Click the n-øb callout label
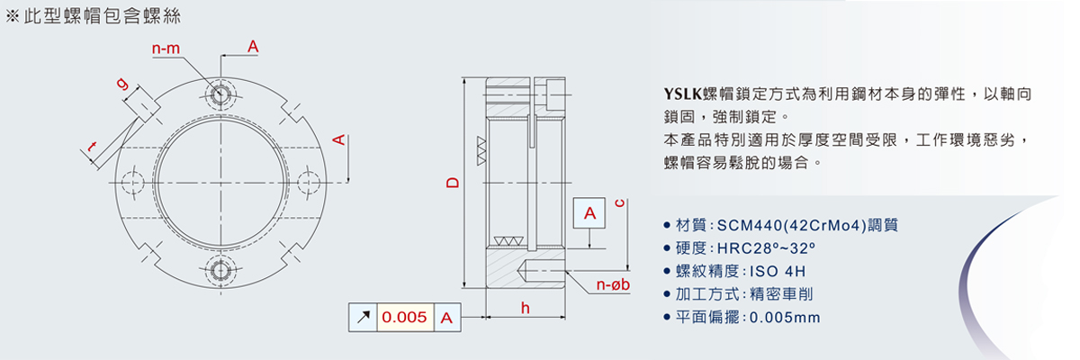point(612,286)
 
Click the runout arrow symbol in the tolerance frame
point(363,317)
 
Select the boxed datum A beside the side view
point(589,213)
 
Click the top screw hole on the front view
point(220,94)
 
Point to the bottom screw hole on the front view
point(220,269)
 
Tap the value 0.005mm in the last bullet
point(785,317)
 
